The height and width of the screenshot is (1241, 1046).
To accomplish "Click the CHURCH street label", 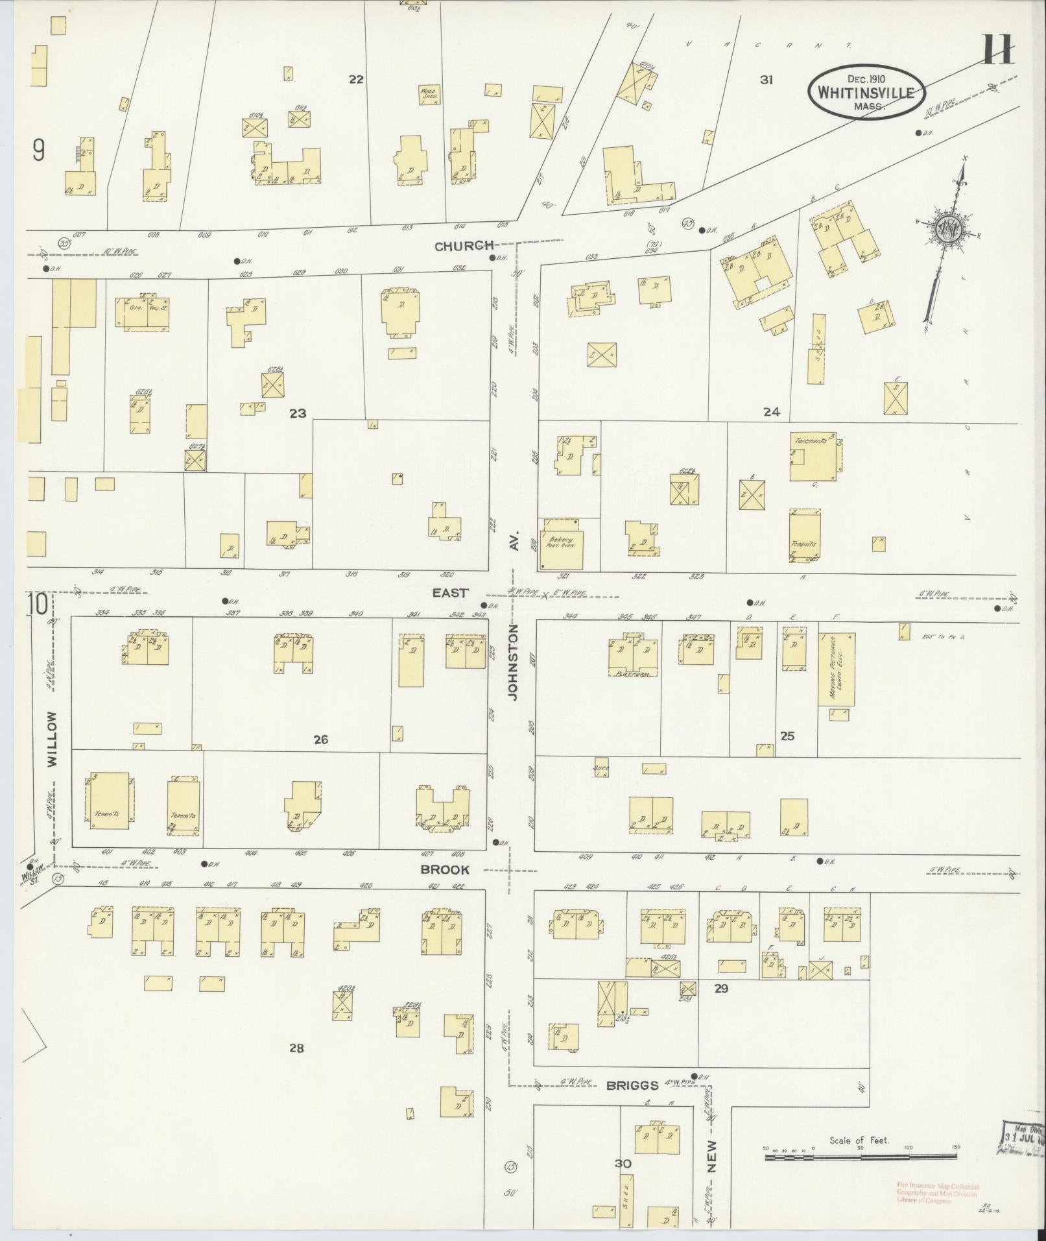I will click(464, 246).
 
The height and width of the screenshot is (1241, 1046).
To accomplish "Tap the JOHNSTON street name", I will click(514, 662).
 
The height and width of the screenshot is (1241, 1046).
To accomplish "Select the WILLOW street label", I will click(52, 739).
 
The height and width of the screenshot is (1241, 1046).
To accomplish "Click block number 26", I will click(320, 739).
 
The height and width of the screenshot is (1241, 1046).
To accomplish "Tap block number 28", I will click(296, 1048).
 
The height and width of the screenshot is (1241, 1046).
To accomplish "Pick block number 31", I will click(767, 80).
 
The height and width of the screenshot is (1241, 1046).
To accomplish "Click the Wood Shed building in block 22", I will click(429, 95).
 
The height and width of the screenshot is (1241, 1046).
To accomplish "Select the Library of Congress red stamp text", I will click(938, 1192).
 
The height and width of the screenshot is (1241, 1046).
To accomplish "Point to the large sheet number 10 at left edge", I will click(37, 605).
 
